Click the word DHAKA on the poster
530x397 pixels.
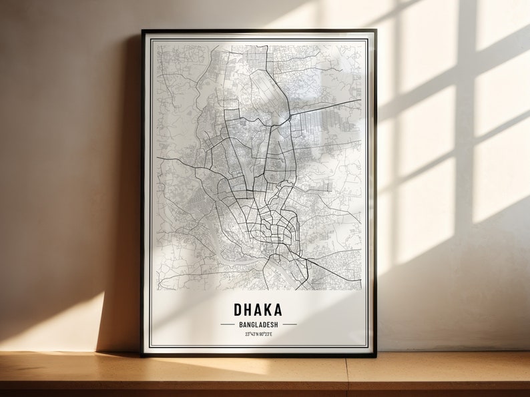coord(258,310)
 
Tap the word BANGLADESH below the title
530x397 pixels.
coord(258,324)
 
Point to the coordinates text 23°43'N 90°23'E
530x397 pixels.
coord(258,334)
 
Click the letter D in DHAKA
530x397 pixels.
coord(238,310)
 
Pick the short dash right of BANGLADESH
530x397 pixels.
coord(289,324)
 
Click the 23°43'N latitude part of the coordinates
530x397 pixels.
coord(250,334)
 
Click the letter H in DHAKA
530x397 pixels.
coord(248,310)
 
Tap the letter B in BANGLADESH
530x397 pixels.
coord(239,324)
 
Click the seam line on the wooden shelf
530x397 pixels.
coord(348,376)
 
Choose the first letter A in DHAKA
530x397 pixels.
coord(258,310)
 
